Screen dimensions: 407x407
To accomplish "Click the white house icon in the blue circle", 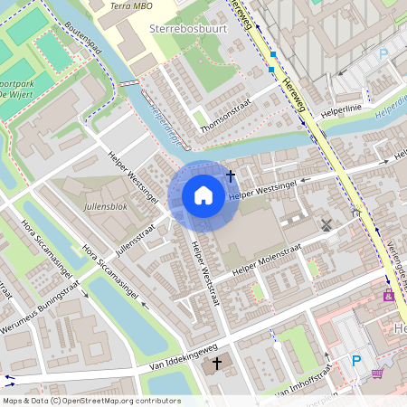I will (x=203, y=195).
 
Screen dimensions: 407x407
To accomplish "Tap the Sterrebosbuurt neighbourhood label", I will (x=187, y=30).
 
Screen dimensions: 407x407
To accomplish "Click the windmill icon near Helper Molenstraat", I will (x=327, y=223).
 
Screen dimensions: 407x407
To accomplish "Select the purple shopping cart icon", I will (x=377, y=372).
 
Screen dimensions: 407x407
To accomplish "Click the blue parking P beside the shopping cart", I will (x=355, y=360).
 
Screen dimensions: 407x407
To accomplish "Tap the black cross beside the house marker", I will (x=231, y=175).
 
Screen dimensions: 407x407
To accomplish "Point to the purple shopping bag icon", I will (x=390, y=297).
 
